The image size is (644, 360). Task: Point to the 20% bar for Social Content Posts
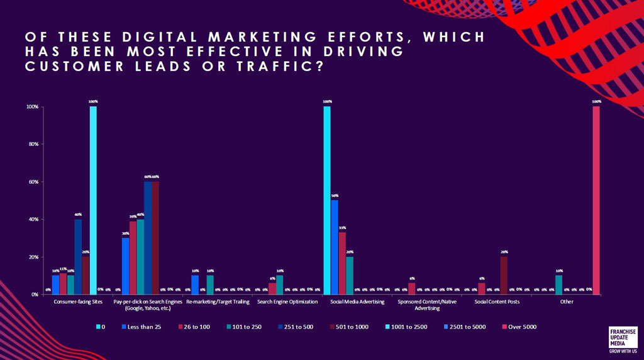pos(503,276)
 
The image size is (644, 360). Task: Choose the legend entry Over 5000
pos(519,327)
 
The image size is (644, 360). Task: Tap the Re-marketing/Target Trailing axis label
pos(216,302)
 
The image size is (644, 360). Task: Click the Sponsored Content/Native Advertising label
pos(426,305)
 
